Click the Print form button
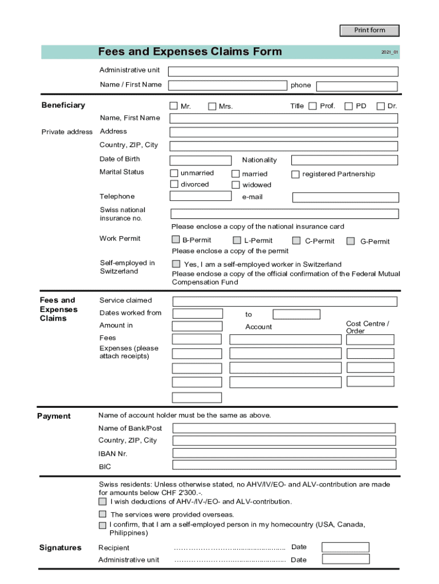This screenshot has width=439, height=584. (369, 30)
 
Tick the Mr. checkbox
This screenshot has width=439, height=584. (173, 106)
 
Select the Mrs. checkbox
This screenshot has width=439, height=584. (212, 106)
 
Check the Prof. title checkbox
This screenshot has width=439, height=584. (312, 106)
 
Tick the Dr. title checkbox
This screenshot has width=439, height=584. (380, 106)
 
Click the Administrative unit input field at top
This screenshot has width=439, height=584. (283, 71)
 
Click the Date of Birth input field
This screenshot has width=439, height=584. (200, 160)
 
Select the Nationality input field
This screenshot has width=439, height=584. (344, 160)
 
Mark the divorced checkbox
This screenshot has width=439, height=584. (174, 184)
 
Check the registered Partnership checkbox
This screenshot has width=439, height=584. (295, 174)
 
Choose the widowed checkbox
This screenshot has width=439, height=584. (235, 184)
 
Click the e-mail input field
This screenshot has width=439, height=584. (345, 197)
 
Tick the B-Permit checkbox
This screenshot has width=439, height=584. (176, 240)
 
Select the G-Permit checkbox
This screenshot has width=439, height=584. (351, 241)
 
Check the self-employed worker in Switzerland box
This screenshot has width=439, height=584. (176, 263)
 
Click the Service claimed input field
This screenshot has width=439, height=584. (285, 301)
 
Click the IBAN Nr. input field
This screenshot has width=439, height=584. (284, 453)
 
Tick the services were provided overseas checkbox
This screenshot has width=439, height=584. (102, 514)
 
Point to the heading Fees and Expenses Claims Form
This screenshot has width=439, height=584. (190, 52)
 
